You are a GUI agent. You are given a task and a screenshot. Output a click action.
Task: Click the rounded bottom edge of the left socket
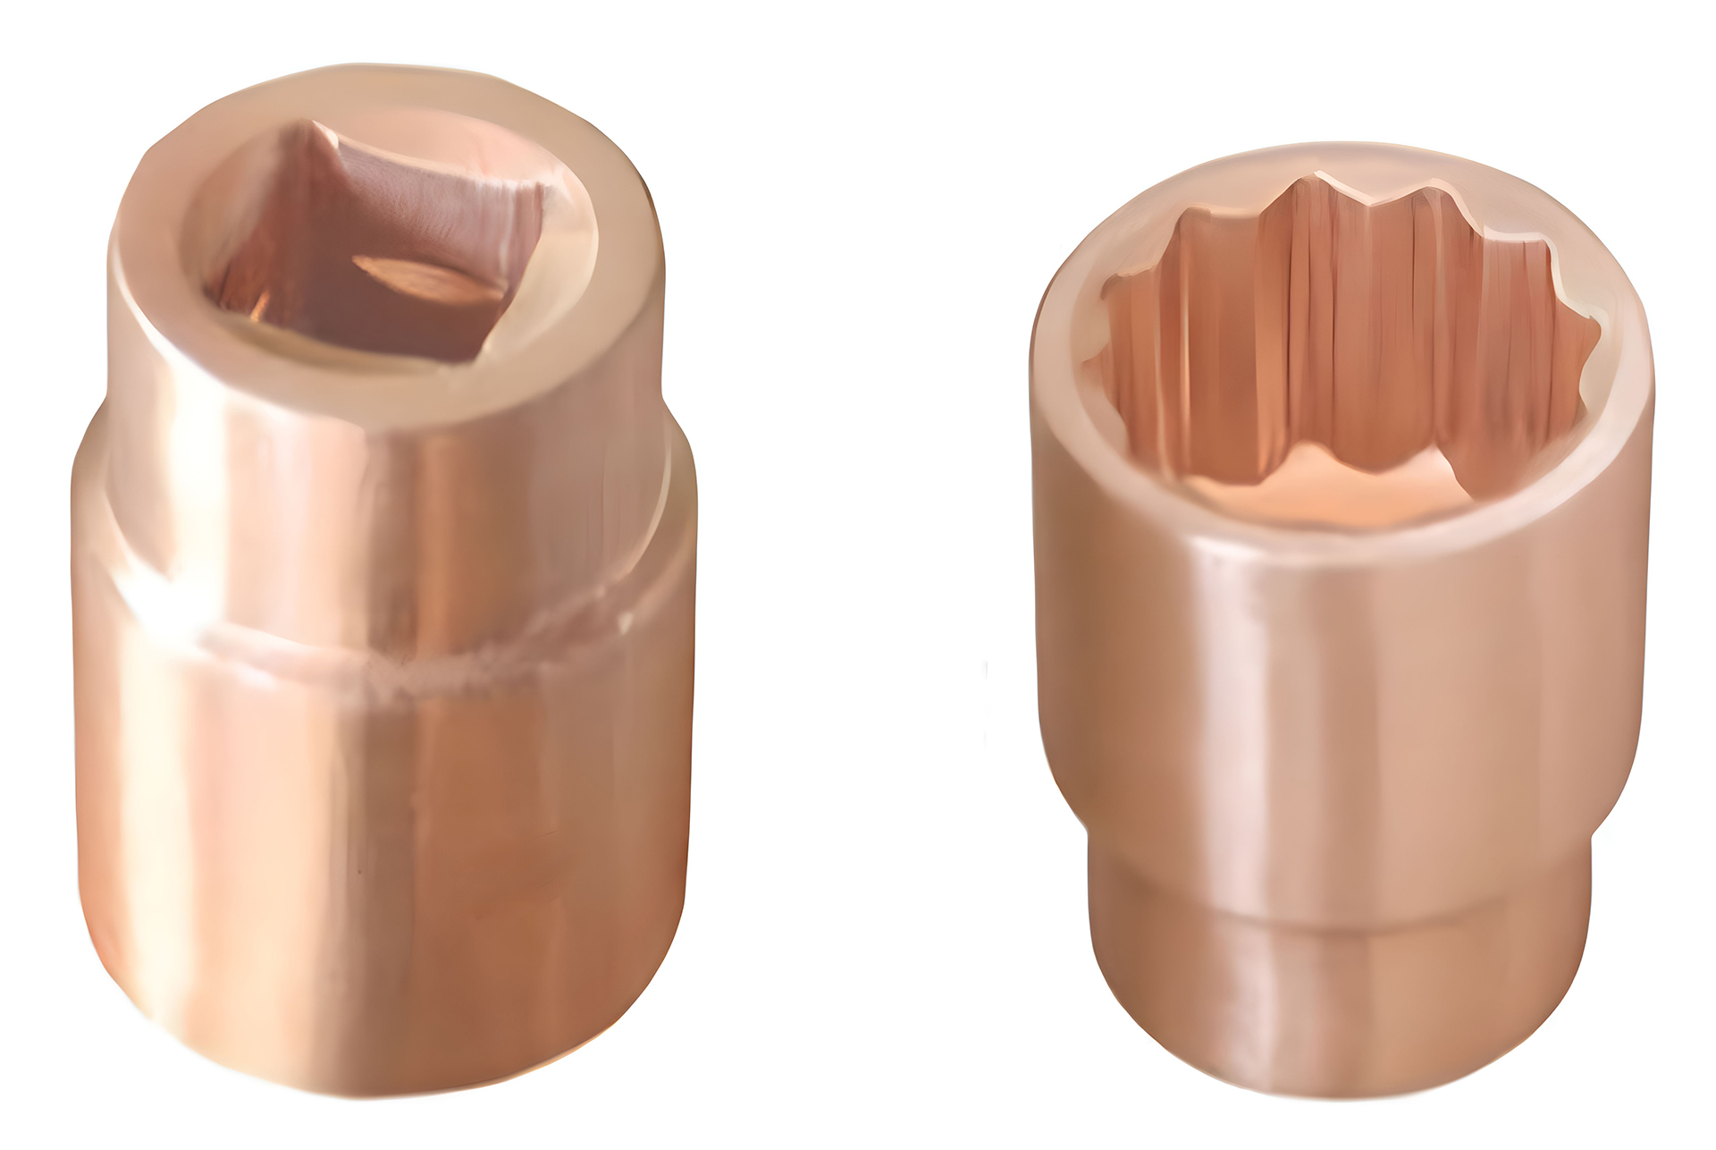(384, 1078)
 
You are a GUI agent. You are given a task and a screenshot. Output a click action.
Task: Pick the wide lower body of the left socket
(384, 850)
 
